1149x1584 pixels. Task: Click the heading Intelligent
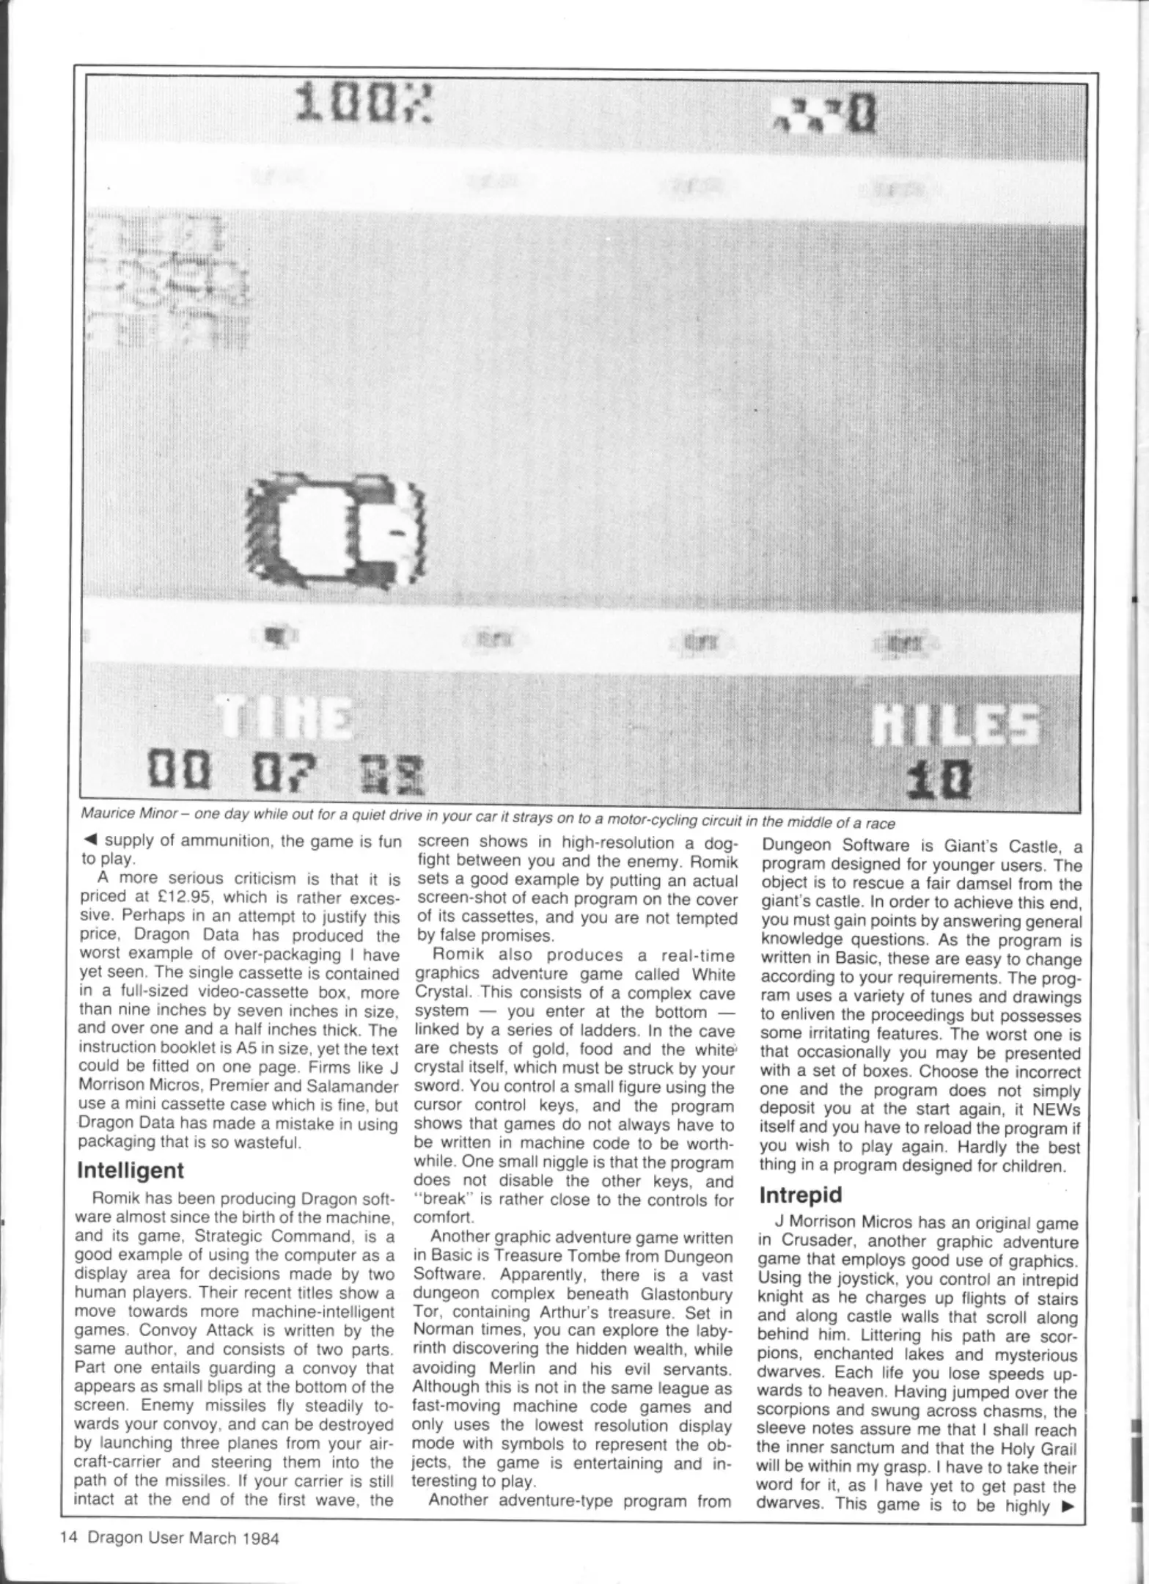click(x=131, y=1170)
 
